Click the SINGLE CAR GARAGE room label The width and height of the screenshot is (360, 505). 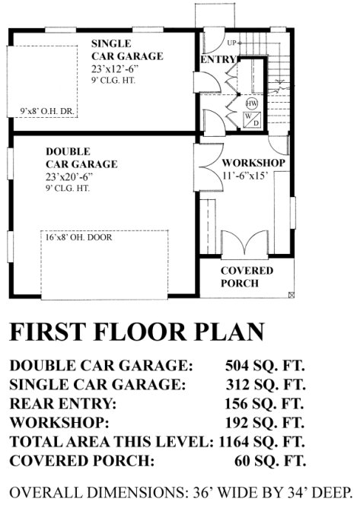tap(127, 49)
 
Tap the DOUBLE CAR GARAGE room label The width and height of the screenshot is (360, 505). tap(81, 157)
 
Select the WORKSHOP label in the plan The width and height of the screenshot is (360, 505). tap(253, 163)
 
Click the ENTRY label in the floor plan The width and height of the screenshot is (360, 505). tap(216, 59)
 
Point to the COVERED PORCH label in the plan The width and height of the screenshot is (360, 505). tap(242, 277)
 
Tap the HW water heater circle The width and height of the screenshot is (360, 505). tap(252, 103)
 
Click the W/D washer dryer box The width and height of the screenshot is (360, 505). tap(252, 119)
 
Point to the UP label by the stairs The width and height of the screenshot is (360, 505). tap(231, 42)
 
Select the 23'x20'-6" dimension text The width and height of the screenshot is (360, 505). tap(69, 176)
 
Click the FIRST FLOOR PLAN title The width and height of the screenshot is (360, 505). tap(137, 332)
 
